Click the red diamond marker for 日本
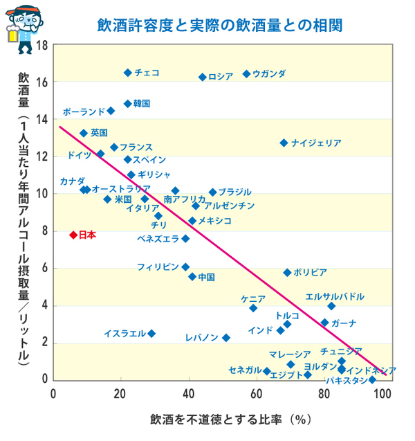click(73, 235)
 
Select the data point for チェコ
click(128, 73)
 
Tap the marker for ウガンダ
click(246, 74)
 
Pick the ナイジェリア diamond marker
click(284, 143)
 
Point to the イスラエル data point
click(151, 334)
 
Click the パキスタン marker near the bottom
click(372, 379)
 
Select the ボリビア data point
click(287, 273)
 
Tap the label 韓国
click(142, 104)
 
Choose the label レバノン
click(202, 338)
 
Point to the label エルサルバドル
click(335, 297)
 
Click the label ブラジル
click(235, 192)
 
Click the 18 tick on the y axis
click(41, 45)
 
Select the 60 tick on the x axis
click(257, 395)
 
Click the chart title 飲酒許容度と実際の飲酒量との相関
click(220, 26)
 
